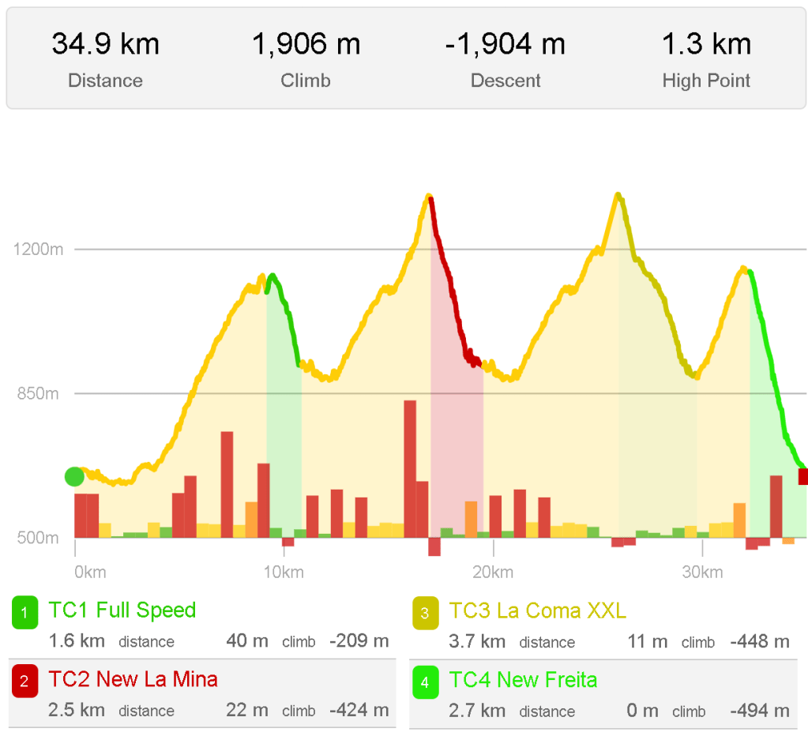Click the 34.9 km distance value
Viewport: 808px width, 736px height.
[x=105, y=44]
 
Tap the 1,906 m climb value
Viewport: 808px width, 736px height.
[x=306, y=44]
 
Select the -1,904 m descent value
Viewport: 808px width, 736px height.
[x=505, y=44]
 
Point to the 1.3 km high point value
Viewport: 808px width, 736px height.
[x=706, y=44]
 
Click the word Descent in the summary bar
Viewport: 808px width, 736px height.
[x=505, y=81]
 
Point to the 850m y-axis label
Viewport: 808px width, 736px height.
[x=38, y=393]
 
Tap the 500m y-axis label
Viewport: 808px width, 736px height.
[x=38, y=538]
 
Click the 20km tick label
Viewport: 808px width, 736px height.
[x=493, y=572]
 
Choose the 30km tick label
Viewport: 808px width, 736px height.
[x=701, y=572]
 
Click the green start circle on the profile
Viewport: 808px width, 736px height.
[x=74, y=476]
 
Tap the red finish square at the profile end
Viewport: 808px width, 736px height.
[x=803, y=476]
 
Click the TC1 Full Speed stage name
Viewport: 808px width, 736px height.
[x=122, y=610]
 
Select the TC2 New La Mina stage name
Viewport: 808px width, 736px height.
[x=133, y=679]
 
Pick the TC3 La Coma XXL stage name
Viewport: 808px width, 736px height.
[x=537, y=610]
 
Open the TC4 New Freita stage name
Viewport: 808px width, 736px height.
[x=523, y=680]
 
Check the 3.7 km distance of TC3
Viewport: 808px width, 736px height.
[x=476, y=641]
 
